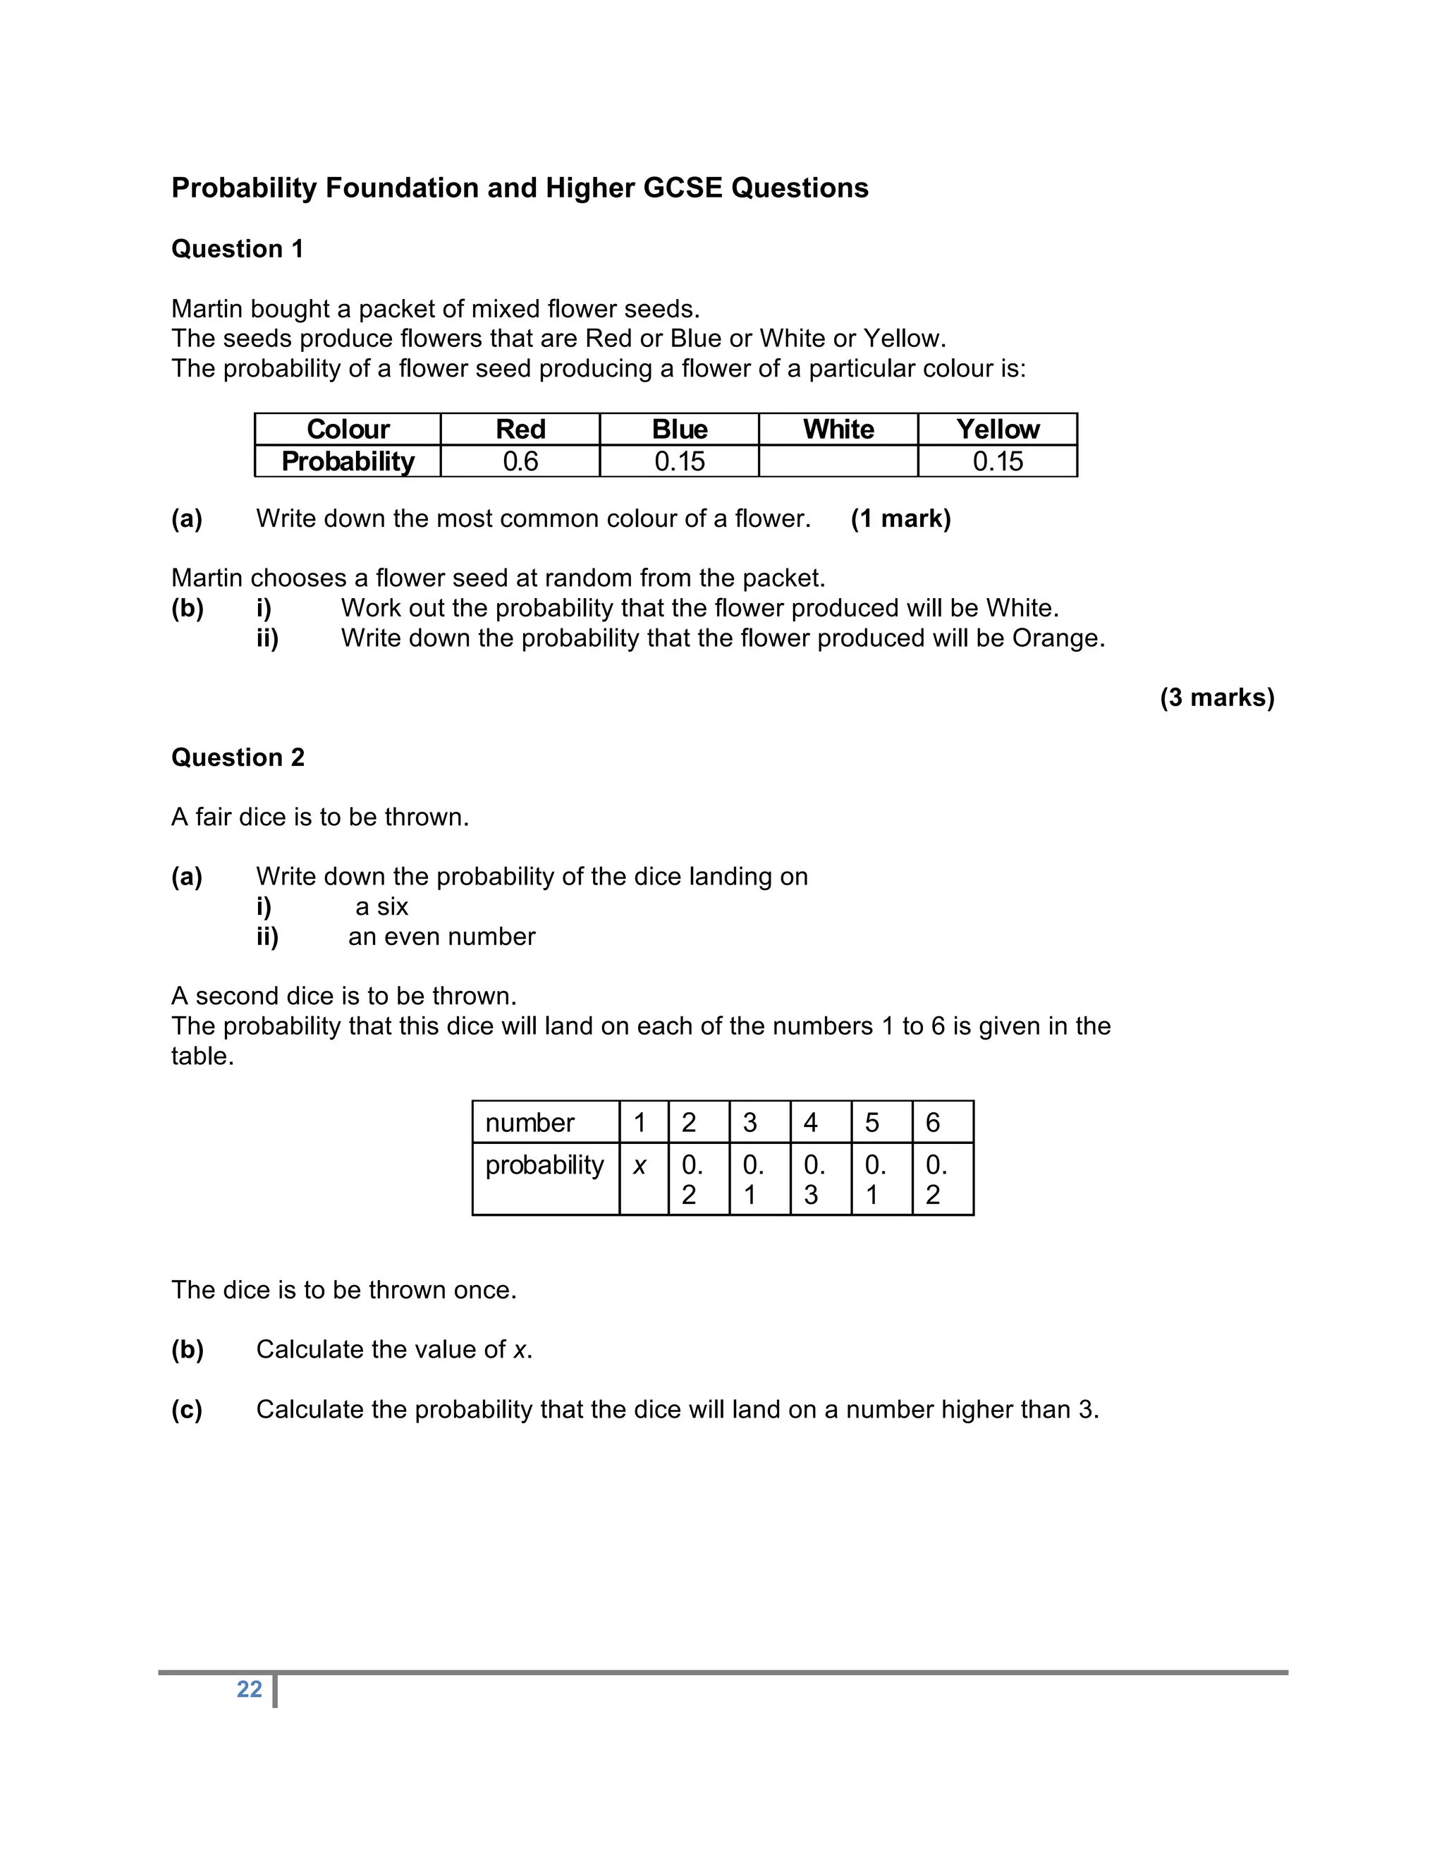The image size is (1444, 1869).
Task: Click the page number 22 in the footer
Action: (x=249, y=1688)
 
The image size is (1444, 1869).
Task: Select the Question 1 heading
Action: (x=237, y=249)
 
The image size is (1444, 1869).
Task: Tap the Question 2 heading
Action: (x=238, y=757)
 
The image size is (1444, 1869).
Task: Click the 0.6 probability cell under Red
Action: (x=520, y=461)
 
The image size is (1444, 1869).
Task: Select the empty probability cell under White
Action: (x=838, y=461)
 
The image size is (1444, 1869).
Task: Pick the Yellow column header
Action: (x=998, y=429)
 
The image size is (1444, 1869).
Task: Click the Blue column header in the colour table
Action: (x=679, y=429)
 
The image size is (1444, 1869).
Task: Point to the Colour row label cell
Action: (x=348, y=429)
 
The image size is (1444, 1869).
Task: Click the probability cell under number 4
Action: (x=815, y=1179)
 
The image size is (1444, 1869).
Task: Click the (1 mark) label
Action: (x=901, y=518)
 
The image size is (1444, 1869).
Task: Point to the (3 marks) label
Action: (x=1217, y=698)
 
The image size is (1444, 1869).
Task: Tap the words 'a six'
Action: (x=381, y=906)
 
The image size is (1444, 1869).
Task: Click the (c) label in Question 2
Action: (x=186, y=1409)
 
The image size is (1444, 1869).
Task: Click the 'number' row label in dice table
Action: (x=530, y=1122)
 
